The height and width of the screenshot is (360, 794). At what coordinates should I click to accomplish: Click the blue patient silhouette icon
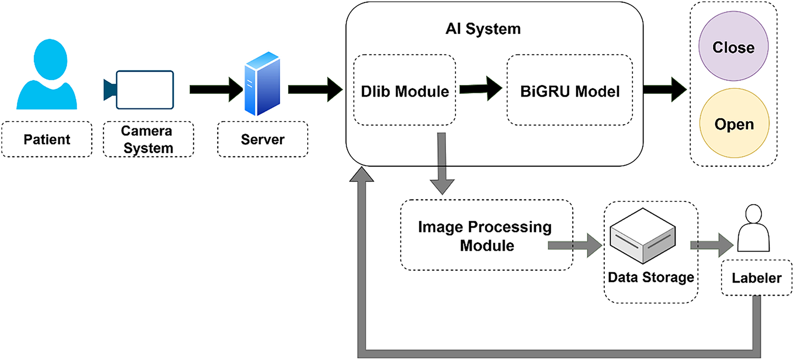coord(47,75)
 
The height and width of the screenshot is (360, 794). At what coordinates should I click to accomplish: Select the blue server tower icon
coord(262,84)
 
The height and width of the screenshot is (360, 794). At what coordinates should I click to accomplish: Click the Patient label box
coord(47,139)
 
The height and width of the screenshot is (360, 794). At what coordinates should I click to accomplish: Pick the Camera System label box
coord(148,139)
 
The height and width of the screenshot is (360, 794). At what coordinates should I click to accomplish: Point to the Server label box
coord(263,139)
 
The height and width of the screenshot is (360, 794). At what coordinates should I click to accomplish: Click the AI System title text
coord(483,29)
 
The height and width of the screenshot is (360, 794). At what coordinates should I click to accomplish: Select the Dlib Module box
coord(404,90)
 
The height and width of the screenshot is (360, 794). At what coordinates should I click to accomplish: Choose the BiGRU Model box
coord(569,90)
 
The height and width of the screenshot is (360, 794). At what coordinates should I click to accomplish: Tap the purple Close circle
coord(733,46)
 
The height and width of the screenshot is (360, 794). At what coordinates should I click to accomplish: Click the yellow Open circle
coord(734,123)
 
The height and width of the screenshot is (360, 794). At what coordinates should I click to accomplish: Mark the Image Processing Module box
coord(486,235)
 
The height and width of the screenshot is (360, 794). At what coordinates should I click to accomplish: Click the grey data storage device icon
coord(643,236)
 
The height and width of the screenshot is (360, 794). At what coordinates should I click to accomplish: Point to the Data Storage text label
coord(651,277)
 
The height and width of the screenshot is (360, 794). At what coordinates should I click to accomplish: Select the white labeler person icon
coord(753,228)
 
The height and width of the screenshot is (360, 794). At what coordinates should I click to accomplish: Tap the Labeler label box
coord(756,278)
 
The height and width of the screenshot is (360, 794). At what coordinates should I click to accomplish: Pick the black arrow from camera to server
coord(215,89)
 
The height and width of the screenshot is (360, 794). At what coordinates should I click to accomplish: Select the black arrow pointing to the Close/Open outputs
coord(665,89)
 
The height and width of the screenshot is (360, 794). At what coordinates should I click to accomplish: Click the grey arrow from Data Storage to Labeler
coord(711,245)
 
